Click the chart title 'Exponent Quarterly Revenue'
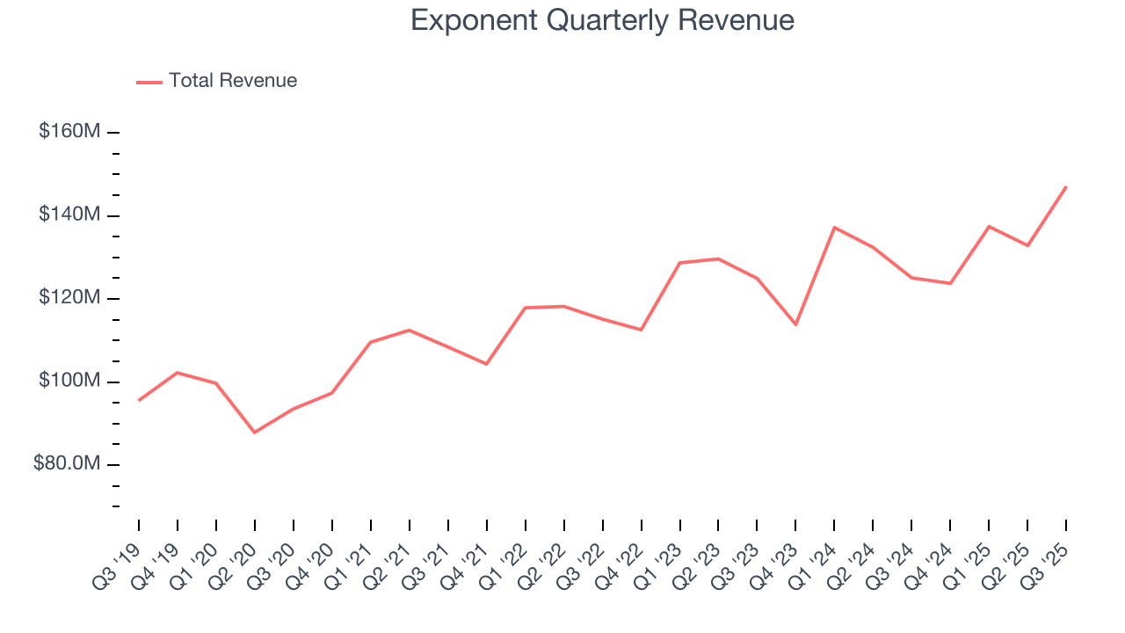pos(602,20)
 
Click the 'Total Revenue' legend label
pos(233,81)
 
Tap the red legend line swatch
pos(149,82)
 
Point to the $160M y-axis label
pos(69,132)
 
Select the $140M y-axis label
pos(69,215)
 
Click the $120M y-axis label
pos(69,298)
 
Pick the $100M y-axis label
pos(69,382)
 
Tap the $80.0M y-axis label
pos(67,464)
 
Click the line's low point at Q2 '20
pos(255,433)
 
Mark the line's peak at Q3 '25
pos(1066,186)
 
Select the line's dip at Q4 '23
pos(795,324)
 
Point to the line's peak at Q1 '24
pos(834,228)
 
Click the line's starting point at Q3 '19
pos(139,400)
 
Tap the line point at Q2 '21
pos(410,330)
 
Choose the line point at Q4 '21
pos(486,364)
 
